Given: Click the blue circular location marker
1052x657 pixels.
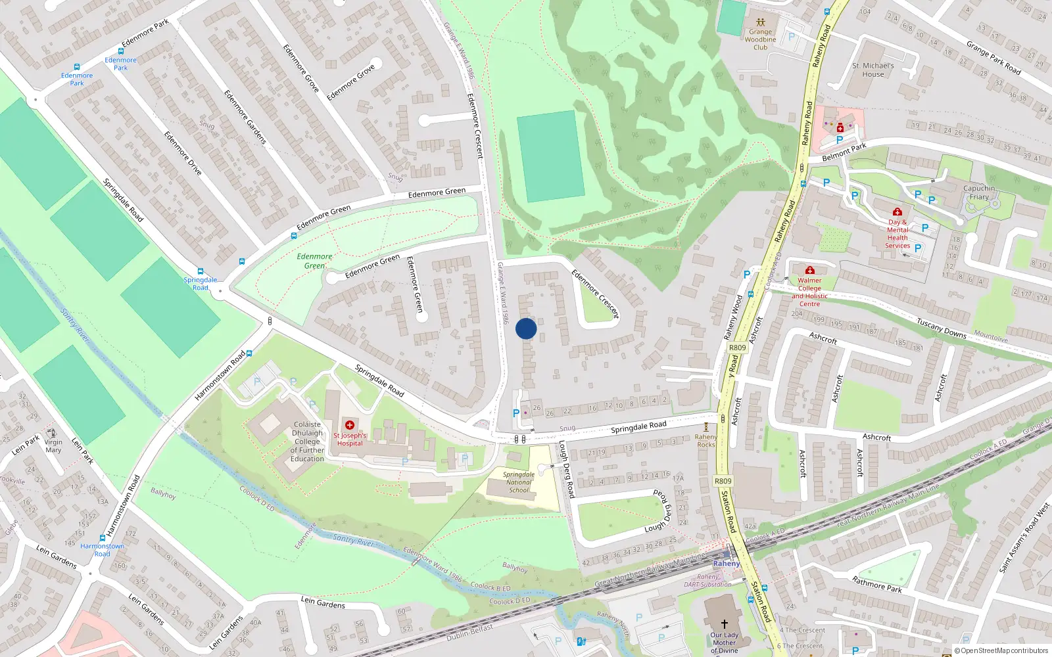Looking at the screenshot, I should point(526,328).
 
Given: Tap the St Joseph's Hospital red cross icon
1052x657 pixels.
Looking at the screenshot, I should point(350,425).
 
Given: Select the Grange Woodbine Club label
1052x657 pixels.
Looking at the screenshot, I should point(760,39).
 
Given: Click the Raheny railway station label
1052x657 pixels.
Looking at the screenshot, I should point(727,563).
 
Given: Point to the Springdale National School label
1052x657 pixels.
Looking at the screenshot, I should point(519,482).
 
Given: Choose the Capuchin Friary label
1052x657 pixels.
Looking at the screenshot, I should point(979,193).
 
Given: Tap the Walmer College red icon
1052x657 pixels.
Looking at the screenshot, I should point(810,270).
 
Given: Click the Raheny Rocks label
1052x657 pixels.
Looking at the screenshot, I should point(706,441).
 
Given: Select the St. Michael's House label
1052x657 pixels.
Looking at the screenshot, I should point(873,70).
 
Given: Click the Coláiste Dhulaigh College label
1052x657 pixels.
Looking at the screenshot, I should point(308,442).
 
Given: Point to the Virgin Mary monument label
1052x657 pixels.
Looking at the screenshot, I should point(53,446).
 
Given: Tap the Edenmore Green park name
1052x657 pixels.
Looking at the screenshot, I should point(314,261).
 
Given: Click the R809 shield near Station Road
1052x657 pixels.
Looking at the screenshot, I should point(723,481).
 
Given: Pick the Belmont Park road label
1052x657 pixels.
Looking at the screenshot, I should point(844,152).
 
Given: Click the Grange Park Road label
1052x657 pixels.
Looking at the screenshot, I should point(993,57).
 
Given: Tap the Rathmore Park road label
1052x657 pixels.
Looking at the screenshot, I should point(877,584).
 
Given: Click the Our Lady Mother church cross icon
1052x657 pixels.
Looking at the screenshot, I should point(724,623).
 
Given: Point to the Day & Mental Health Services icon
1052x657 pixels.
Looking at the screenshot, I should point(897,212).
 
